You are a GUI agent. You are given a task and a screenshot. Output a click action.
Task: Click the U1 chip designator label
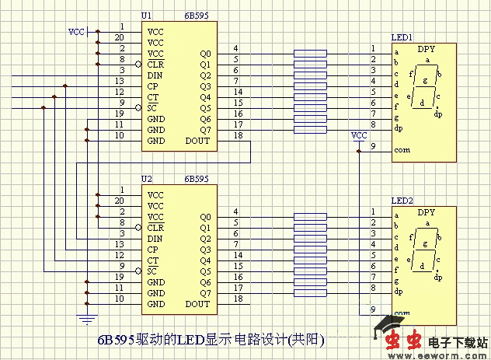[147, 16]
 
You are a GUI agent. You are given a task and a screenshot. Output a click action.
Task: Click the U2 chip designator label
[147, 179]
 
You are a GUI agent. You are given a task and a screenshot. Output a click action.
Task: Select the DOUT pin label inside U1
[198, 141]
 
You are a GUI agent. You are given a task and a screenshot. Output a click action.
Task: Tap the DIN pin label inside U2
[154, 239]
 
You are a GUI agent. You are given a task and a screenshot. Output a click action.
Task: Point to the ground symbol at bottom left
[87, 316]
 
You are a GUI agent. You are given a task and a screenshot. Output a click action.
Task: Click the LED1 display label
[402, 37]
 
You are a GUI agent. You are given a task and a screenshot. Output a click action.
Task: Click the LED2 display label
[402, 201]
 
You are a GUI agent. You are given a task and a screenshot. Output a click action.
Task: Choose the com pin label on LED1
[402, 150]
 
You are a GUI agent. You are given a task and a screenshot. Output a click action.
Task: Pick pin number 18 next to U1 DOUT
[238, 136]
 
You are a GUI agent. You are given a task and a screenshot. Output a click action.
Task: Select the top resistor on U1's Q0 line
[311, 54]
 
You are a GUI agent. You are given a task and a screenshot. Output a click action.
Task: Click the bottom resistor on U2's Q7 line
[311, 293]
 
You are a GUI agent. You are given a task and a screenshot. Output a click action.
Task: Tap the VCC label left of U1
[77, 32]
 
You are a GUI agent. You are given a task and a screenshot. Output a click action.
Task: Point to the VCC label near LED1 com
[359, 135]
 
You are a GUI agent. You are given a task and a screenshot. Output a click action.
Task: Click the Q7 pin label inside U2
[205, 293]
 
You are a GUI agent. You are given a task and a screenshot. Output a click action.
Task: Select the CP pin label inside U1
[153, 86]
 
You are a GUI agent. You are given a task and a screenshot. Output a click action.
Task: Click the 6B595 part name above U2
[197, 179]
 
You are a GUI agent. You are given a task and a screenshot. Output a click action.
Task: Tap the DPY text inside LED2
[427, 212]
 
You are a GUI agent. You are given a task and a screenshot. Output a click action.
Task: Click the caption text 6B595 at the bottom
[117, 341]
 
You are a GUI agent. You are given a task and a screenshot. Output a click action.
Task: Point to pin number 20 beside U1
[119, 37]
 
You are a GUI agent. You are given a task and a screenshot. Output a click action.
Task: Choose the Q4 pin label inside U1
[205, 97]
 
